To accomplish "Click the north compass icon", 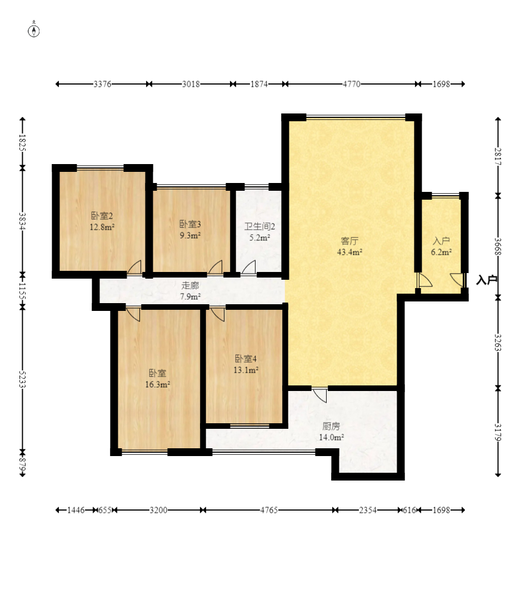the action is tap(34, 31).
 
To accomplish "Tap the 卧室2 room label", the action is tap(102, 216).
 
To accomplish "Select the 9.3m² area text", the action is tap(190, 235).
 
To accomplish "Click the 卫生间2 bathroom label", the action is tap(259, 226).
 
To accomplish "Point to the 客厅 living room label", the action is tap(349, 241).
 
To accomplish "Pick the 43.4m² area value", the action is tap(349, 252).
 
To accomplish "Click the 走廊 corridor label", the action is tap(190, 285).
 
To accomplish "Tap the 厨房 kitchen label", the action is tap(331, 426).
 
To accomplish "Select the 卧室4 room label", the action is tap(246, 358).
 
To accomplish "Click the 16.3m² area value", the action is tap(157, 384).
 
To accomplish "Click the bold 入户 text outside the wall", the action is tap(487, 280).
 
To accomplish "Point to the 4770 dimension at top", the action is tap(352, 84).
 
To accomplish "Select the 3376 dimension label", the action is tap(103, 84).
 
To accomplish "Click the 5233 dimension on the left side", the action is tap(22, 379).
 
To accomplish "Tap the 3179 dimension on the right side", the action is tap(498, 432).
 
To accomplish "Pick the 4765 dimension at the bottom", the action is tap(269, 510).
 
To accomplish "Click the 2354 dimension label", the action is tap(368, 510).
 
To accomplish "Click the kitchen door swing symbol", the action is tap(320, 395).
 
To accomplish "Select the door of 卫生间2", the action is tap(249, 267).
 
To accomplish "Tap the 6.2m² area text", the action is tap(441, 252).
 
